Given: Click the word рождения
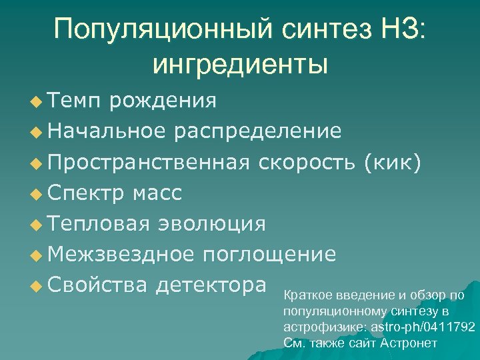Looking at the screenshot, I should click(163, 101).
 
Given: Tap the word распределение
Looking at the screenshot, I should click(258, 131).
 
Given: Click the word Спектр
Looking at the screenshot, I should click(86, 193).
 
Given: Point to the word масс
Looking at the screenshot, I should click(157, 193).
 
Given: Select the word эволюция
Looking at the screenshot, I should click(211, 224).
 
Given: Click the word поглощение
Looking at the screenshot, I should click(269, 255).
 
